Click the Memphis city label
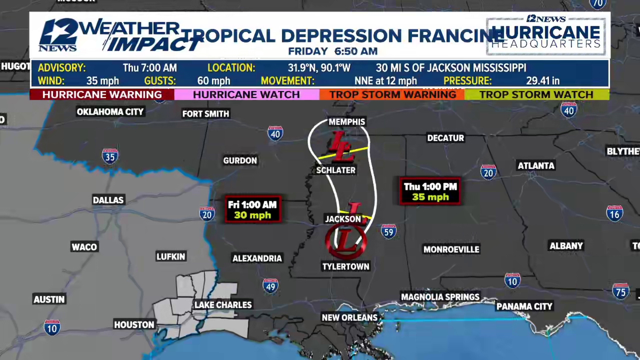(x=347, y=122)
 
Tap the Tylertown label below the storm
(x=346, y=267)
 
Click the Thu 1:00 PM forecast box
(x=430, y=191)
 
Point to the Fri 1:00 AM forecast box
(x=252, y=210)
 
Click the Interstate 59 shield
(x=389, y=231)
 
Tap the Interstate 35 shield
(x=110, y=156)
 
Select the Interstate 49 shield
(x=270, y=286)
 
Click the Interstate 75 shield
(x=620, y=292)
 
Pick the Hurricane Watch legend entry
(x=246, y=95)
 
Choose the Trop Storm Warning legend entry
(x=393, y=95)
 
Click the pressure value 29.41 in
(x=543, y=81)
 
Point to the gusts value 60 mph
(x=214, y=81)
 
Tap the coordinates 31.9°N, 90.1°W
(x=319, y=68)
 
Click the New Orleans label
(x=349, y=318)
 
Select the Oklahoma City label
(x=110, y=112)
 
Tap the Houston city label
(x=134, y=325)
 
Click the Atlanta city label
(x=536, y=166)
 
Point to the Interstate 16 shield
(x=614, y=214)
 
